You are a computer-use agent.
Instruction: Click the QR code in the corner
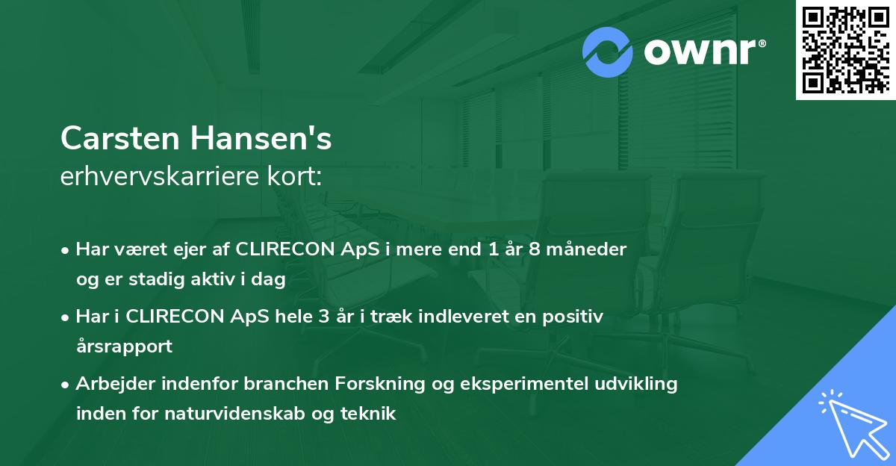pyautogui.click(x=845, y=49)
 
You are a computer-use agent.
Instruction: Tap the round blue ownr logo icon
pyautogui.click(x=609, y=52)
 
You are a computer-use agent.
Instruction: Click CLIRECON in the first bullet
pyautogui.click(x=284, y=249)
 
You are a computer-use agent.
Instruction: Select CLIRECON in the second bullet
pyautogui.click(x=175, y=317)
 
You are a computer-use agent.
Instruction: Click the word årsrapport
pyautogui.click(x=124, y=347)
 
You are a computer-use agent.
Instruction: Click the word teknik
pyautogui.click(x=370, y=414)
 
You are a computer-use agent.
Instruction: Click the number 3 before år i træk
pyautogui.click(x=323, y=317)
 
